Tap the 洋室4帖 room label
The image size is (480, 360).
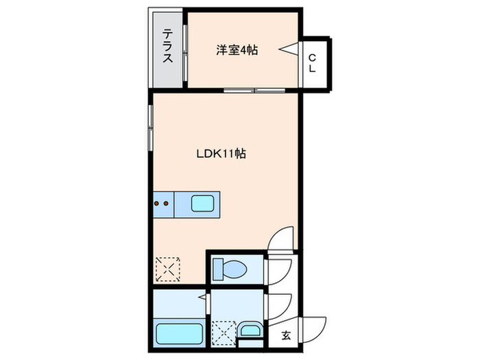(237, 50)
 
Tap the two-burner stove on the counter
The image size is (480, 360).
(163, 203)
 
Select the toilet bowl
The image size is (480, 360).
(226, 267)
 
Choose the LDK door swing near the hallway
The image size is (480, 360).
(281, 239)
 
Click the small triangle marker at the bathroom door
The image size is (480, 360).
(202, 297)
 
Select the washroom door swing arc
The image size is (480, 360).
(277, 302)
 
